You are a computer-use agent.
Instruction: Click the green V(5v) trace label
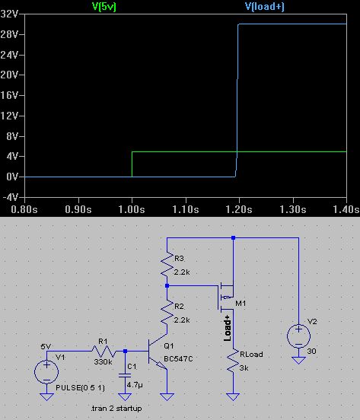pyautogui.click(x=104, y=6)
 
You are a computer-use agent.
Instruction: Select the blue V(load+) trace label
pyautogui.click(x=265, y=6)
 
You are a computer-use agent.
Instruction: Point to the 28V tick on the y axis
pyautogui.click(x=9, y=34)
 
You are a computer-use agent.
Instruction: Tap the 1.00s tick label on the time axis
pyautogui.click(x=132, y=209)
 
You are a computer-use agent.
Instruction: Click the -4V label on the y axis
pyautogui.click(x=10, y=197)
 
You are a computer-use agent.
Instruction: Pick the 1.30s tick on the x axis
pyautogui.click(x=293, y=209)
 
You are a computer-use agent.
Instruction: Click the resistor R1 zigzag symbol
pyautogui.click(x=104, y=351)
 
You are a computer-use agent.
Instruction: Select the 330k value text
pyautogui.click(x=103, y=362)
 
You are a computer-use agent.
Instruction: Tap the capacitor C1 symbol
pyautogui.click(x=125, y=375)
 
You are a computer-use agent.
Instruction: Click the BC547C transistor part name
pyautogui.click(x=178, y=359)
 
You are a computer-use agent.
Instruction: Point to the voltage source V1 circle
pyautogui.click(x=46, y=372)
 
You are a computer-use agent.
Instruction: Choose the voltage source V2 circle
pyautogui.click(x=298, y=336)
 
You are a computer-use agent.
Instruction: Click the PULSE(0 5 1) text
pyautogui.click(x=81, y=387)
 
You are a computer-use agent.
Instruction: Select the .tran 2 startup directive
pyautogui.click(x=116, y=409)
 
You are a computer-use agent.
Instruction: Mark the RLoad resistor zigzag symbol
pyautogui.click(x=233, y=361)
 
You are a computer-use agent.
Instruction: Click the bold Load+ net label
pyautogui.click(x=227, y=328)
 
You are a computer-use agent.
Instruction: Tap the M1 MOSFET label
pyautogui.click(x=241, y=304)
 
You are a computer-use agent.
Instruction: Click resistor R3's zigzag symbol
pyautogui.click(x=167, y=265)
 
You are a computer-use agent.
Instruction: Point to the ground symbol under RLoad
pyautogui.click(x=233, y=396)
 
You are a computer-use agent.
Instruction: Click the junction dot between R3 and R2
pyautogui.click(x=167, y=286)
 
